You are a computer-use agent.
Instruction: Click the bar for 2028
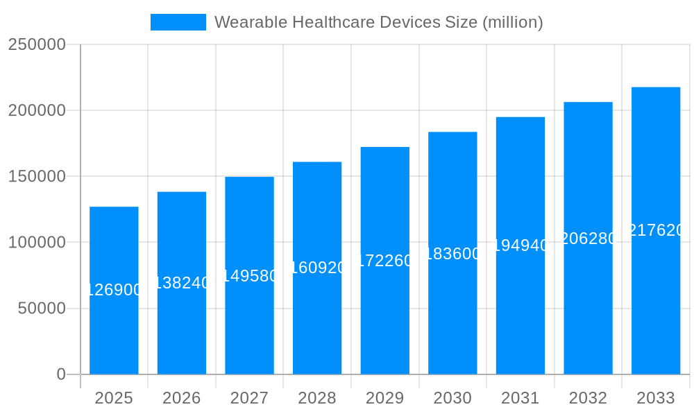click(317, 319)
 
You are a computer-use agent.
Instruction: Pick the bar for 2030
click(452, 312)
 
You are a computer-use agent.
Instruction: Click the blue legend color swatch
click(178, 22)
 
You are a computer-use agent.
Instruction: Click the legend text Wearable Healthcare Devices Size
click(378, 22)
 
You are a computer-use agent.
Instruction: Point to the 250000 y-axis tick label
click(37, 44)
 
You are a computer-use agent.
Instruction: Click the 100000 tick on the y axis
click(37, 243)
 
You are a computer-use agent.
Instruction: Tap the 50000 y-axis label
click(42, 309)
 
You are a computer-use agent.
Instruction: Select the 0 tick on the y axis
click(60, 374)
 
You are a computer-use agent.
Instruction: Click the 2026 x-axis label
click(182, 398)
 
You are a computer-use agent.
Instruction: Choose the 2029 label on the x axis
click(385, 398)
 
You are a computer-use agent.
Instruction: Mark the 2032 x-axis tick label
click(588, 398)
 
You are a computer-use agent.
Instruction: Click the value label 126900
click(114, 291)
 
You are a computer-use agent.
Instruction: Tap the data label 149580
click(249, 276)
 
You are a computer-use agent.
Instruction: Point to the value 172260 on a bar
click(385, 261)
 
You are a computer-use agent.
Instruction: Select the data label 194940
click(520, 245)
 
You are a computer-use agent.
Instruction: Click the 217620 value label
click(656, 230)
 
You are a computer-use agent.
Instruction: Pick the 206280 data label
click(588, 239)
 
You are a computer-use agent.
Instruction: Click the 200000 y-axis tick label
click(37, 110)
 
